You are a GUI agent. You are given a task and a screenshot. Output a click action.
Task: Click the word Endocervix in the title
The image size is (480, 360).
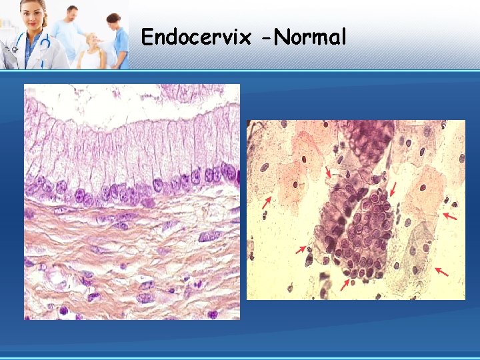(195, 37)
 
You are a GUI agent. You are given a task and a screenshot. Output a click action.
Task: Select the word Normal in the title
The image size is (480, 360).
(310, 37)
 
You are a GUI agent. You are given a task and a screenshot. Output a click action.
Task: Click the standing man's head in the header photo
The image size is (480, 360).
(72, 13)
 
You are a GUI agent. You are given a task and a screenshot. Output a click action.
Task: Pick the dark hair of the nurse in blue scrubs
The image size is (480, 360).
(113, 18)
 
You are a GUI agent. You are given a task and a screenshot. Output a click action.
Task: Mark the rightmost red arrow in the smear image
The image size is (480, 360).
(451, 217)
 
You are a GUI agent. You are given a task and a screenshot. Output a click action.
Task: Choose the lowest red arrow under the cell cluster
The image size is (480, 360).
(345, 285)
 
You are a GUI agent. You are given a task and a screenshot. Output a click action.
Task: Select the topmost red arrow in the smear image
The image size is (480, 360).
(328, 173)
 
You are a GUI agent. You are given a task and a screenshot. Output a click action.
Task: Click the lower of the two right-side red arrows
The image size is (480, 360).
(440, 271)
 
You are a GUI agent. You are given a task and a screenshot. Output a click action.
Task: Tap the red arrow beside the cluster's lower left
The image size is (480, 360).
(301, 249)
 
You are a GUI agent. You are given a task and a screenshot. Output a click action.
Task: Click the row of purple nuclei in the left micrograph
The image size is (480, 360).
(133, 190)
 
